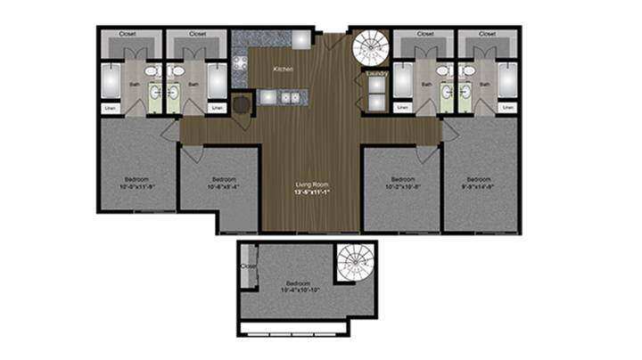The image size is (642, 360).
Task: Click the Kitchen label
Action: click(284, 69)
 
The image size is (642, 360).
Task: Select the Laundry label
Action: click(374, 73)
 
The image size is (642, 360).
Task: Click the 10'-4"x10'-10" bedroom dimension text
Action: click(305, 290)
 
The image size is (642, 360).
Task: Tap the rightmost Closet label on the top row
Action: click(487, 34)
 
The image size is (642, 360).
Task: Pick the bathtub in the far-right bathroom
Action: click(507, 80)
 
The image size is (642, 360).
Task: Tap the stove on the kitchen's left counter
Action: click(240, 65)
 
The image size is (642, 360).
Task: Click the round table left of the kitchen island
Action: click(242, 102)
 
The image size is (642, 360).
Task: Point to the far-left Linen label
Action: click(111, 109)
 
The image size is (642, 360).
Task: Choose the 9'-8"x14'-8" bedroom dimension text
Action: click(480, 186)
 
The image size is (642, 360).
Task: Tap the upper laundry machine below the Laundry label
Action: click(375, 85)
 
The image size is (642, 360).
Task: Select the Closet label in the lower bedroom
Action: click(248, 265)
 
